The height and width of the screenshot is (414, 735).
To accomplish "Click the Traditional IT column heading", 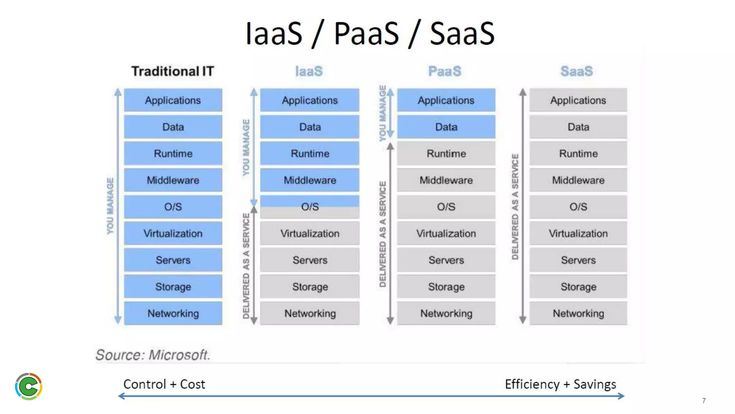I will (x=173, y=71).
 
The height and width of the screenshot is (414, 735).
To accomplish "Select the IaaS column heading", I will (x=309, y=71).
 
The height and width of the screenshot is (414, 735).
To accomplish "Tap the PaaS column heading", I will (x=445, y=71).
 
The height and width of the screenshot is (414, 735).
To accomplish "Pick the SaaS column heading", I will (x=577, y=71).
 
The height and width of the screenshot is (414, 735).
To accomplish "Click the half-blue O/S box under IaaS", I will (x=310, y=207).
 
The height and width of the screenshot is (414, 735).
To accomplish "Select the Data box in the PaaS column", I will (x=446, y=127).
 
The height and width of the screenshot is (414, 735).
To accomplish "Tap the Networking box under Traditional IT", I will (x=173, y=313).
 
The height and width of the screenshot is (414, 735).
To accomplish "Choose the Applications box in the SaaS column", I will (x=578, y=100).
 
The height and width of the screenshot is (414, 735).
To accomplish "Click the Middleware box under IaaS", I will (x=310, y=180).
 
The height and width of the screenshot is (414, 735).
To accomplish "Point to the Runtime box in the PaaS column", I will (x=446, y=153).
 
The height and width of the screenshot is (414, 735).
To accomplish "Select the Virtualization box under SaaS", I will (x=578, y=234).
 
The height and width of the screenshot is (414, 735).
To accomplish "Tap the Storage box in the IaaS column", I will (x=310, y=287).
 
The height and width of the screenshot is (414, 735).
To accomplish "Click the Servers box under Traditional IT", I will (x=173, y=260).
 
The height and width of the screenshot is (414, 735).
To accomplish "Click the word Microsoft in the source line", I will (x=179, y=355).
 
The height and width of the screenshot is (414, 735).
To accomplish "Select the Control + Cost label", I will (x=164, y=384).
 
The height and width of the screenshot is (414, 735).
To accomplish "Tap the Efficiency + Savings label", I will (x=560, y=384).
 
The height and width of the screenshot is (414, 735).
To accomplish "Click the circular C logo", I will (x=29, y=387).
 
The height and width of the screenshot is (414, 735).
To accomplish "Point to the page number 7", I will (x=704, y=401).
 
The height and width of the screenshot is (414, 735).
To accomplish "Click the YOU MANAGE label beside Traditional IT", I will (x=110, y=206).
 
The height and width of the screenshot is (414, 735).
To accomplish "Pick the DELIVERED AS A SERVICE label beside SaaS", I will (x=515, y=207).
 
